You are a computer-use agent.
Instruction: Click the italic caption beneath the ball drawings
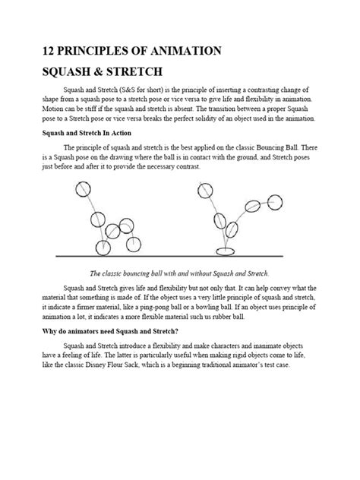tap(180, 273)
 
